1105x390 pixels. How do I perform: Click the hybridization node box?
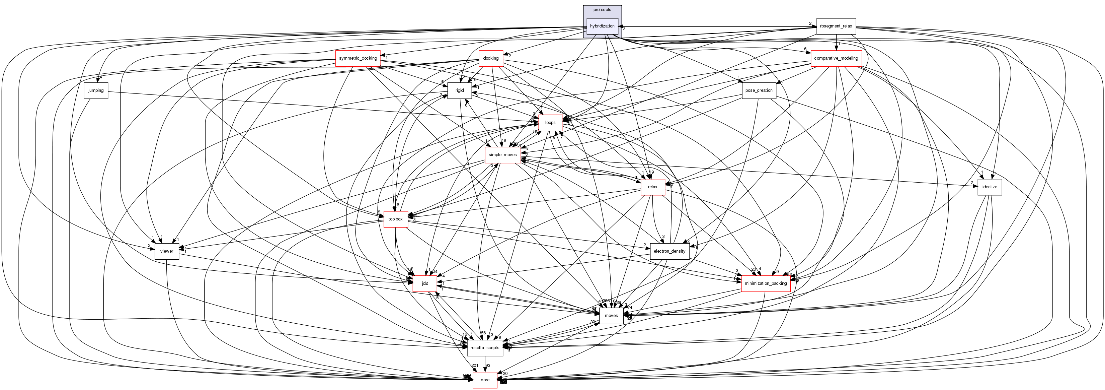[x=602, y=26]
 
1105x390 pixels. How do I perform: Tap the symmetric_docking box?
[x=358, y=58]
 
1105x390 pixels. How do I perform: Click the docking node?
[x=491, y=58]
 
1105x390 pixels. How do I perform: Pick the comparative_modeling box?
[x=836, y=58]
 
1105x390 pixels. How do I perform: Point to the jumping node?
[x=96, y=90]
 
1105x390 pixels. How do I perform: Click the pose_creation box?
[x=759, y=90]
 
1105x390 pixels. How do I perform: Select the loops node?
[x=550, y=122]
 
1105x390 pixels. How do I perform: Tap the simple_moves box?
[x=503, y=154]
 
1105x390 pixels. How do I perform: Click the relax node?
[x=652, y=187]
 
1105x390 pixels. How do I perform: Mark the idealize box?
[x=990, y=187]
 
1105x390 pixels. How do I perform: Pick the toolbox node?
[x=395, y=219]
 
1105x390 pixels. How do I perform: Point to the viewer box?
[x=166, y=251]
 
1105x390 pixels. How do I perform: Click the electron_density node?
[x=669, y=251]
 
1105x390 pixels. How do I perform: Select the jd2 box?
[x=425, y=283]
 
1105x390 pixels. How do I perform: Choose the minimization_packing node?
[x=766, y=283]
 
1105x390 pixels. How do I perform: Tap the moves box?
[x=611, y=316]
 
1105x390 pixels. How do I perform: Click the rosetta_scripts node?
[x=485, y=348]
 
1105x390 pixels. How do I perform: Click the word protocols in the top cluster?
[x=602, y=10]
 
